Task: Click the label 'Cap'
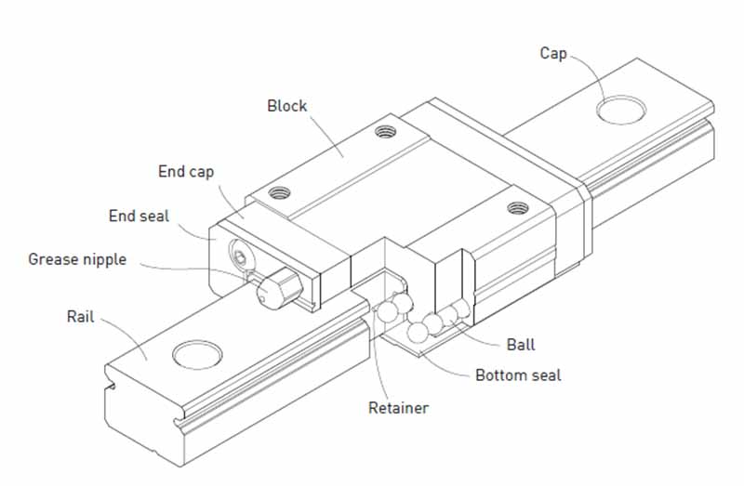[x=553, y=53]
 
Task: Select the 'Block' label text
[x=286, y=105]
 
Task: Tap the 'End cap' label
[x=186, y=171]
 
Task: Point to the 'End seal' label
[x=139, y=216]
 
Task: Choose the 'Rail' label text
[x=81, y=316]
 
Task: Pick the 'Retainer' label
[x=398, y=407]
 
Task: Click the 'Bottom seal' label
[x=518, y=375]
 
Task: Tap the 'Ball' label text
[x=521, y=345]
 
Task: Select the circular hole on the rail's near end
[x=199, y=356]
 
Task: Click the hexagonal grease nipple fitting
[x=274, y=289]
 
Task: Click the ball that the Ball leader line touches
[x=458, y=313]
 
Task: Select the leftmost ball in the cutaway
[x=386, y=313]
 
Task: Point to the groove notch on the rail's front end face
[x=114, y=384]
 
